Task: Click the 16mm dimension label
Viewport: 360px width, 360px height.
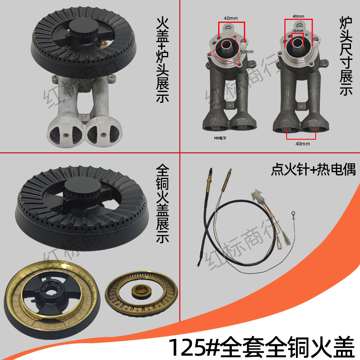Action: (x=298, y=31)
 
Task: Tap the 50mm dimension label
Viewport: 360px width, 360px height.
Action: (x=247, y=52)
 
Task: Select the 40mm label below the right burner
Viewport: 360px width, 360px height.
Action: (x=302, y=144)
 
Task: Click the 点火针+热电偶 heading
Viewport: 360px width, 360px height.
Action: (x=313, y=170)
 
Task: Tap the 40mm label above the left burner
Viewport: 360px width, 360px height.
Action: (x=231, y=18)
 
